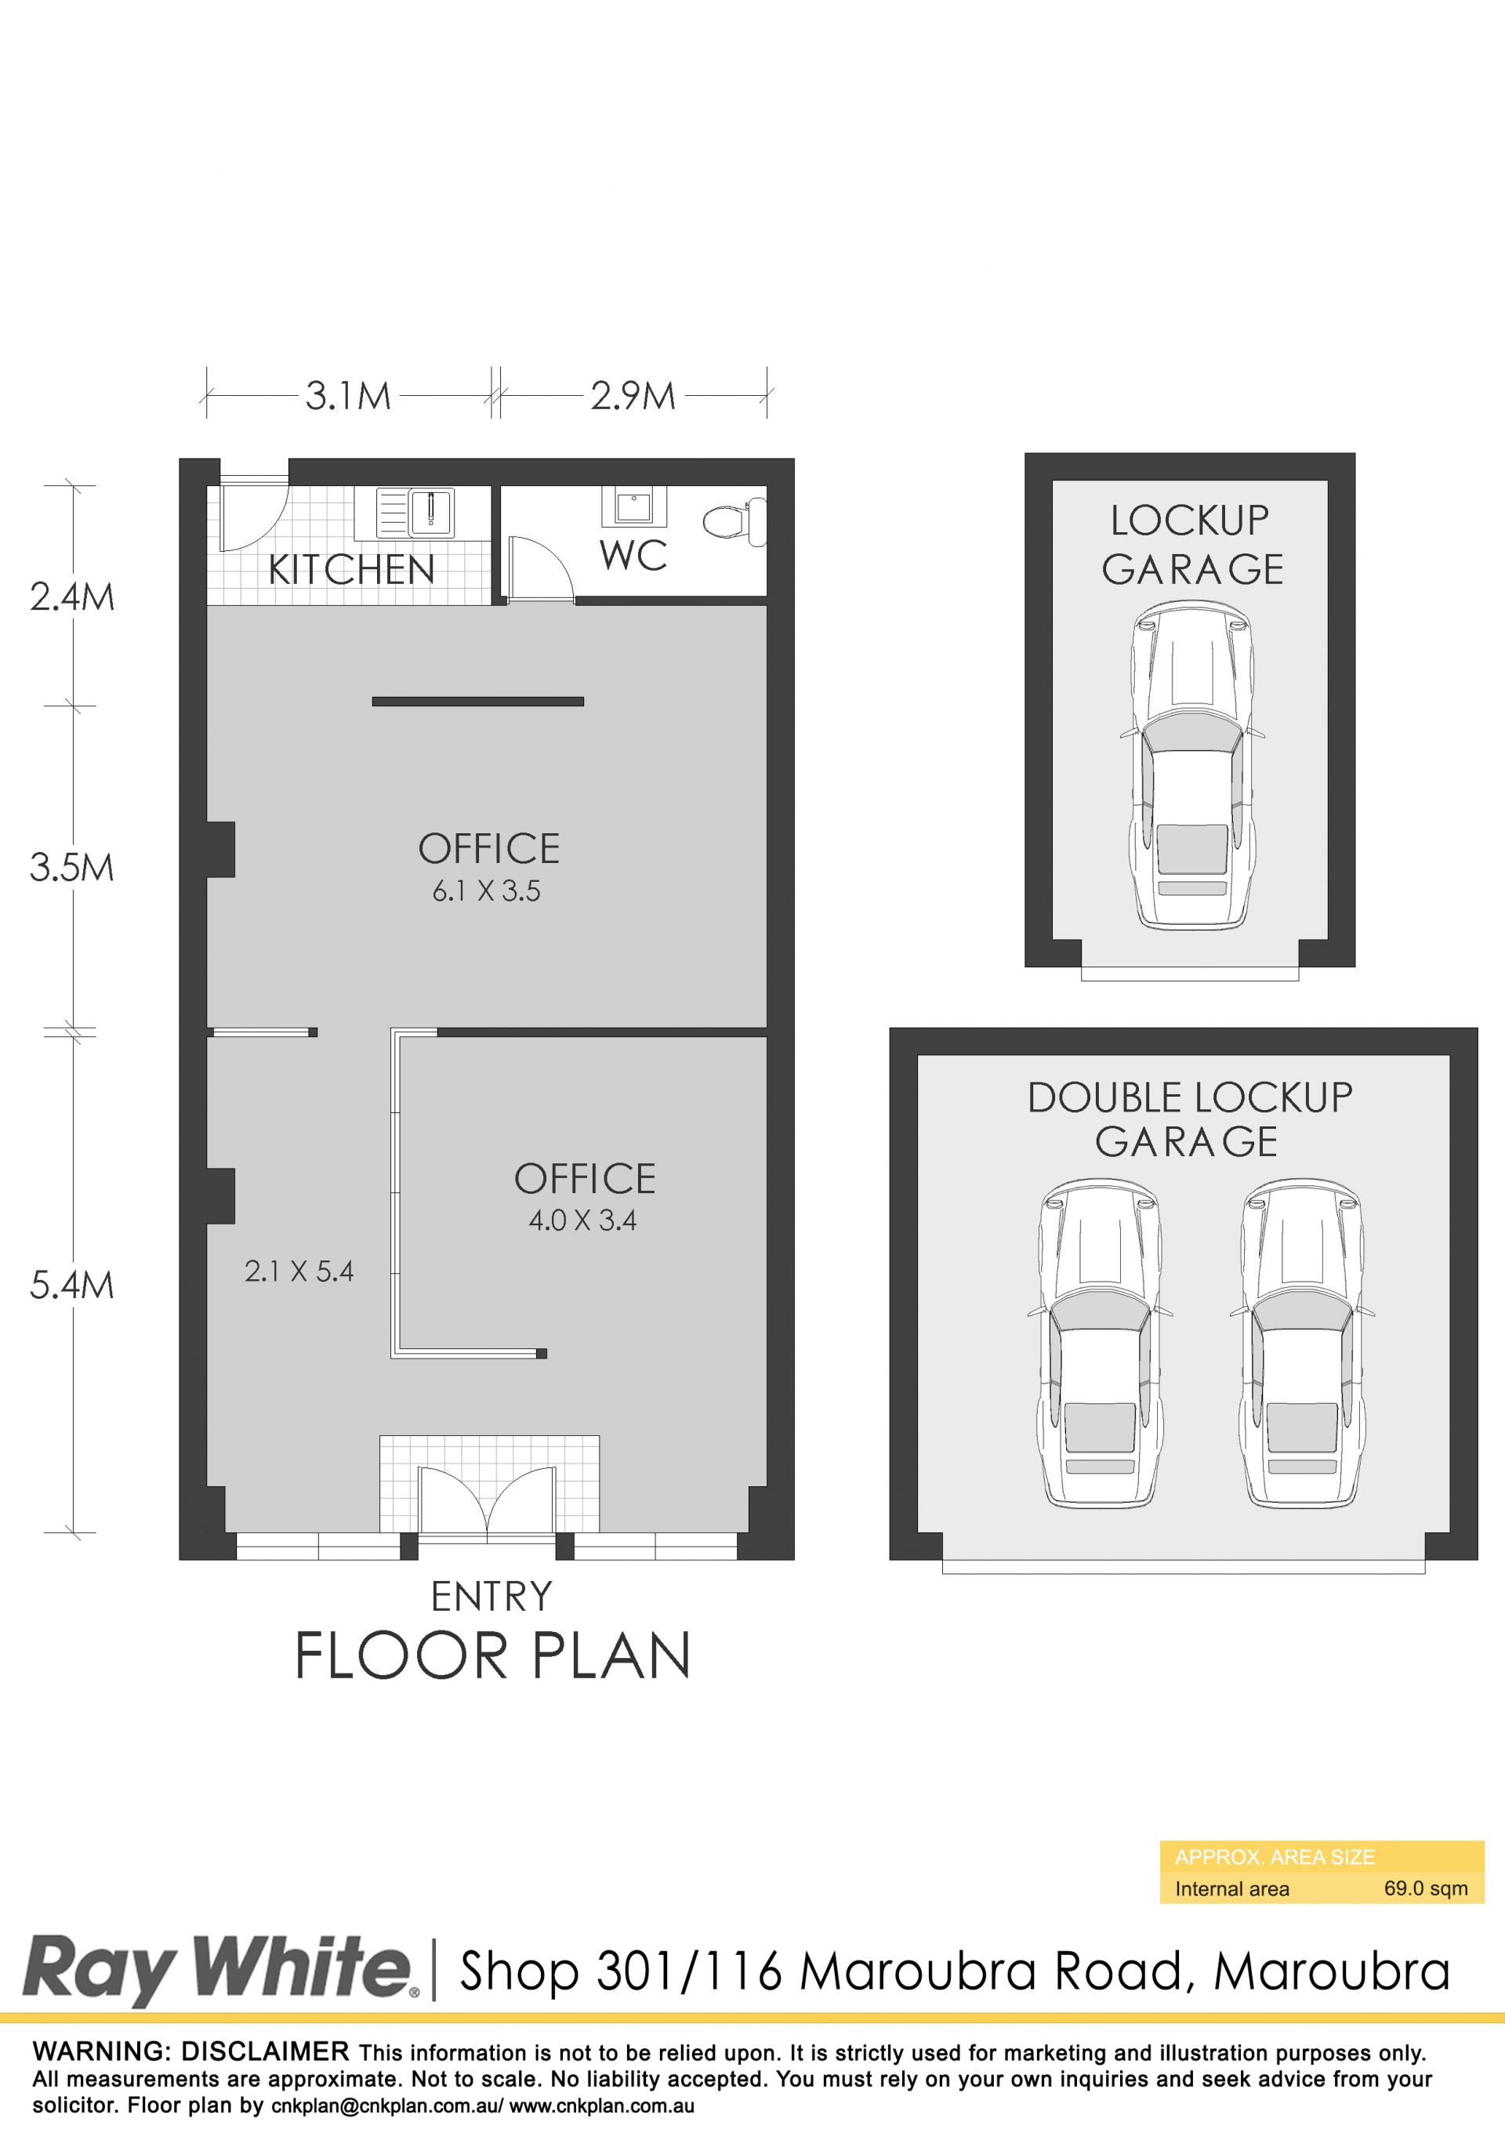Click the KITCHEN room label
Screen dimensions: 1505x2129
pyautogui.click(x=351, y=569)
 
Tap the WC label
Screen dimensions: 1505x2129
pyautogui.click(x=633, y=556)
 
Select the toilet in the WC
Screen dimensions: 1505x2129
pyautogui.click(x=734, y=520)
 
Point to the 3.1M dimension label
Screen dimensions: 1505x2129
pyautogui.click(x=349, y=396)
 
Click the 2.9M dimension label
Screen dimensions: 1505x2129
pyautogui.click(x=633, y=396)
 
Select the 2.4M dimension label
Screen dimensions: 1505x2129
pyautogui.click(x=72, y=597)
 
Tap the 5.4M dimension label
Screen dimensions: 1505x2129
pyautogui.click(x=72, y=1286)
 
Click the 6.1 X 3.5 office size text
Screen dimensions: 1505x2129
pyautogui.click(x=487, y=891)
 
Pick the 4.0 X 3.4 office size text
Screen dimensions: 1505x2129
pyautogui.click(x=582, y=1220)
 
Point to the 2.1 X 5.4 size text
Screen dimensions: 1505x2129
pyautogui.click(x=299, y=1271)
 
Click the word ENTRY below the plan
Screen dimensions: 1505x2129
pyautogui.click(x=491, y=1597)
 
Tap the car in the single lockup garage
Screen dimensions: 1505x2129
pyautogui.click(x=1192, y=766)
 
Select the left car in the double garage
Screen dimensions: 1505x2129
pyautogui.click(x=1100, y=1344)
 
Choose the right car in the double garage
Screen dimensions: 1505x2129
pyautogui.click(x=1302, y=1344)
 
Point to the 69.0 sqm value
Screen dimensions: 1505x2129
pyautogui.click(x=1426, y=1889)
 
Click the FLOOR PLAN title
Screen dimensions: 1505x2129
pyautogui.click(x=492, y=1656)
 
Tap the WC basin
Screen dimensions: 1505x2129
pyautogui.click(x=633, y=506)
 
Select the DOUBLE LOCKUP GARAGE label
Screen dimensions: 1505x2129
pyautogui.click(x=1189, y=1119)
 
